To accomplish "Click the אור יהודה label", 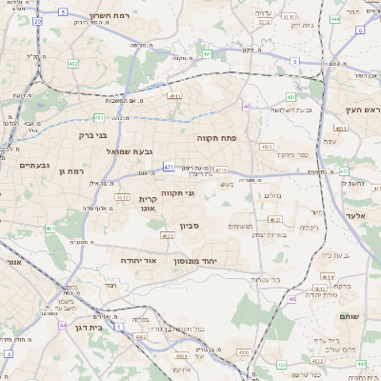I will [138, 259].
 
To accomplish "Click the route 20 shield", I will [37, 20].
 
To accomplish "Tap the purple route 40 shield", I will [246, 107].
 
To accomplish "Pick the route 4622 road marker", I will [167, 235].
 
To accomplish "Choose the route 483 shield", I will [266, 146].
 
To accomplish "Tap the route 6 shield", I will [360, 30].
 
